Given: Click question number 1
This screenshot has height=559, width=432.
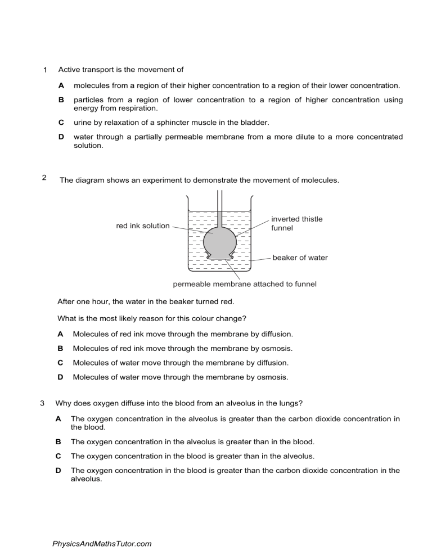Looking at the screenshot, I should point(45,70).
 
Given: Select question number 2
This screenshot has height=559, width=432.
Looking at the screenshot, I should point(44,178).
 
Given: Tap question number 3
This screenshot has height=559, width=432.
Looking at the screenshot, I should point(43,403).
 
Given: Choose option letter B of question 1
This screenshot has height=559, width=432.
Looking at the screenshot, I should point(61,100).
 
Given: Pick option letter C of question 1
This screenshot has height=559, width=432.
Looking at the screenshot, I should point(61,122).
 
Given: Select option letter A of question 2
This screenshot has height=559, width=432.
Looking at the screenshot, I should point(60,334).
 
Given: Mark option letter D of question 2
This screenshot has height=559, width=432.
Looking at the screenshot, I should point(60,377).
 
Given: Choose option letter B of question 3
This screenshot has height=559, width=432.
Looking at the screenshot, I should point(58,441).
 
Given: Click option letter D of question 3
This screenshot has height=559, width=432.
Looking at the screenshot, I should point(58,471).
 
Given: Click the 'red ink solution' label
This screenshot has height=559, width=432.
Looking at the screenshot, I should point(142,226).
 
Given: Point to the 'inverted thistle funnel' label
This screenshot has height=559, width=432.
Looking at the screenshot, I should point(296,223).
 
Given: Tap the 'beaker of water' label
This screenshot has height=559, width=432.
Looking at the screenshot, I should point(300,258).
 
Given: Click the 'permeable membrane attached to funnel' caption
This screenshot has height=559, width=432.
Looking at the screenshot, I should point(244,284).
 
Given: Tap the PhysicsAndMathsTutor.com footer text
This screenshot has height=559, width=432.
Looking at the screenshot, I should point(101,544).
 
